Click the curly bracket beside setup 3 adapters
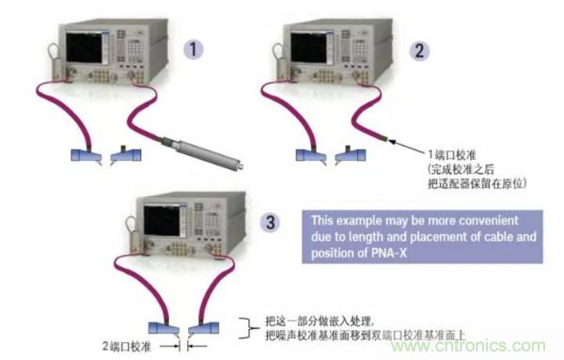(246, 328)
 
